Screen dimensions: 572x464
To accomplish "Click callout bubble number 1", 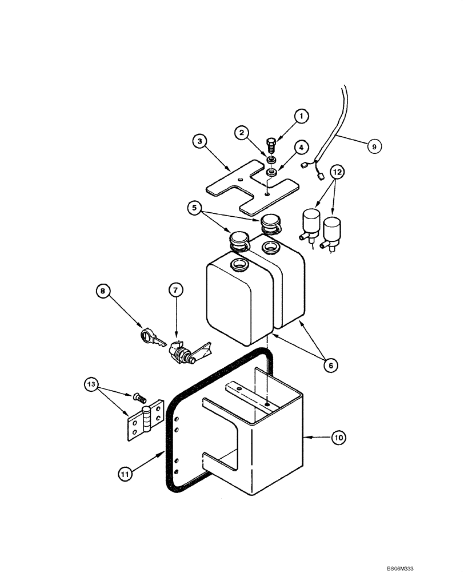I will click(301, 116).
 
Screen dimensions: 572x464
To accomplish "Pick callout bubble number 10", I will click(338, 439).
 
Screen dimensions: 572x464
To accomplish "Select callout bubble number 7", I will click(175, 291).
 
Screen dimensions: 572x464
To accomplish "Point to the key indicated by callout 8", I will click(150, 339).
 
